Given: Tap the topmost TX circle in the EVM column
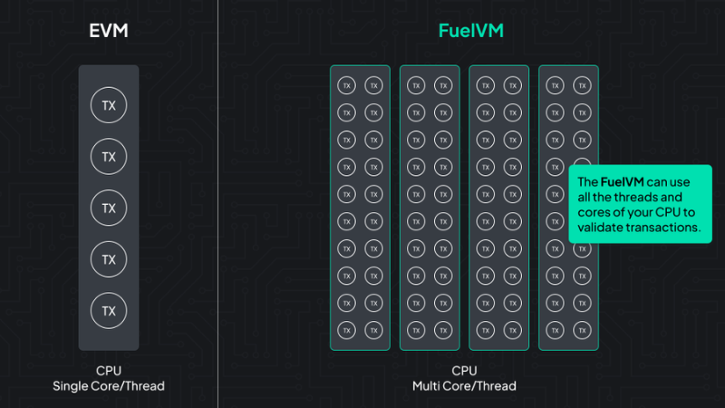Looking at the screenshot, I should click(109, 105).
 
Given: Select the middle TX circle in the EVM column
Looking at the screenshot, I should click(109, 208).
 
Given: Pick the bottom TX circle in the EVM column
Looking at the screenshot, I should click(109, 310).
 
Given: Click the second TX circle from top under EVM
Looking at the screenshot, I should click(109, 157).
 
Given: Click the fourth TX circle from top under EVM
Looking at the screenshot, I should click(109, 259).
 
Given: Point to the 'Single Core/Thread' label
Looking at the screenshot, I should click(109, 386).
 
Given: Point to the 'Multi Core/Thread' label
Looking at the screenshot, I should click(465, 386).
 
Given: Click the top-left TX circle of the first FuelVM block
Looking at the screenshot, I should click(345, 85).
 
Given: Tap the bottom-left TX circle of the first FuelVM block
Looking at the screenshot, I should click(345, 328).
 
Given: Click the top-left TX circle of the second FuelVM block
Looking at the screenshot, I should click(415, 85).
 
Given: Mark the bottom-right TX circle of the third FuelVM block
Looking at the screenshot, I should click(513, 328).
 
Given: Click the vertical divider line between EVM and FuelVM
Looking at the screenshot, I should click(217, 204).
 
